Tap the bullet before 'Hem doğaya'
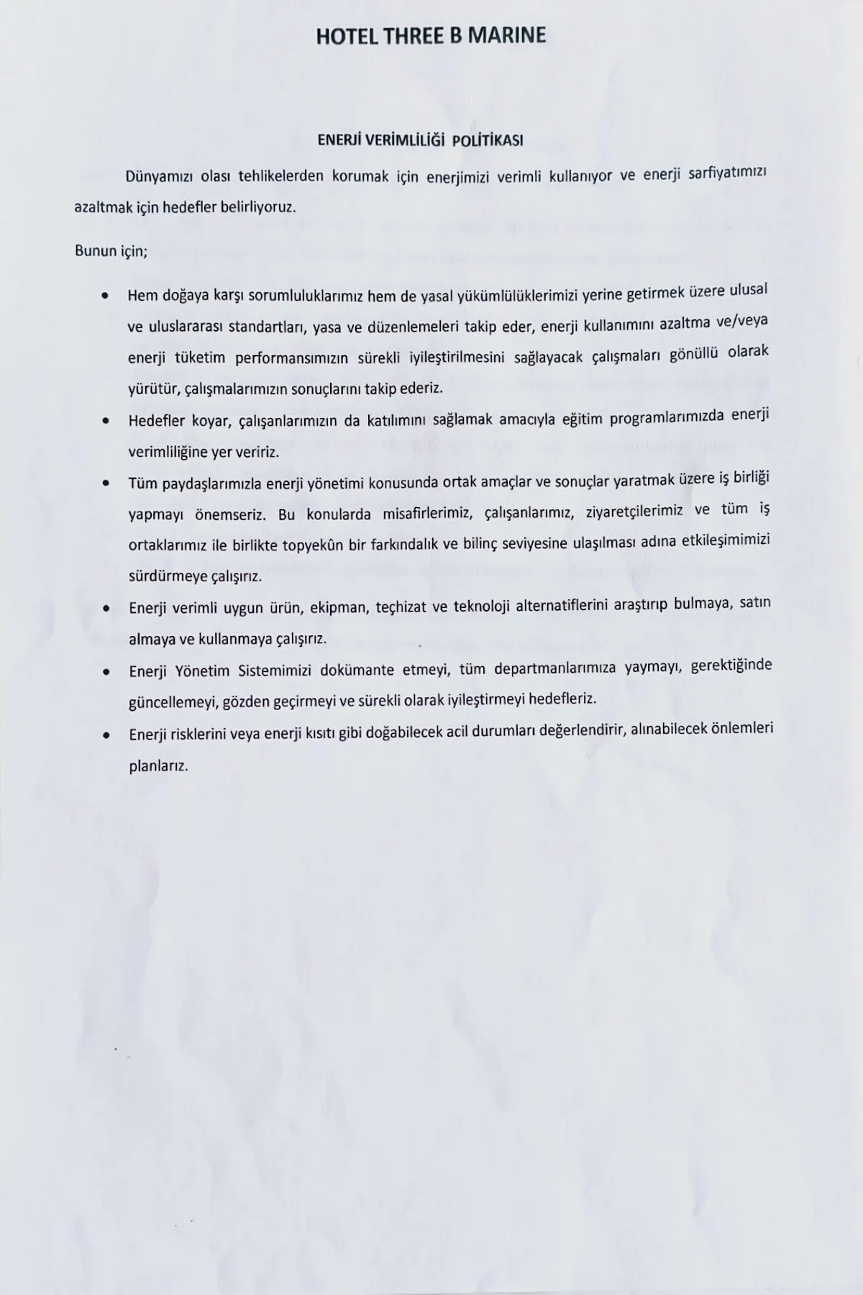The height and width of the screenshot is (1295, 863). click(106, 296)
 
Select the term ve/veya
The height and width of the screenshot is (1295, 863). click(743, 321)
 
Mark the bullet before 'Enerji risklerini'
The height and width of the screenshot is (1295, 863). click(106, 735)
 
